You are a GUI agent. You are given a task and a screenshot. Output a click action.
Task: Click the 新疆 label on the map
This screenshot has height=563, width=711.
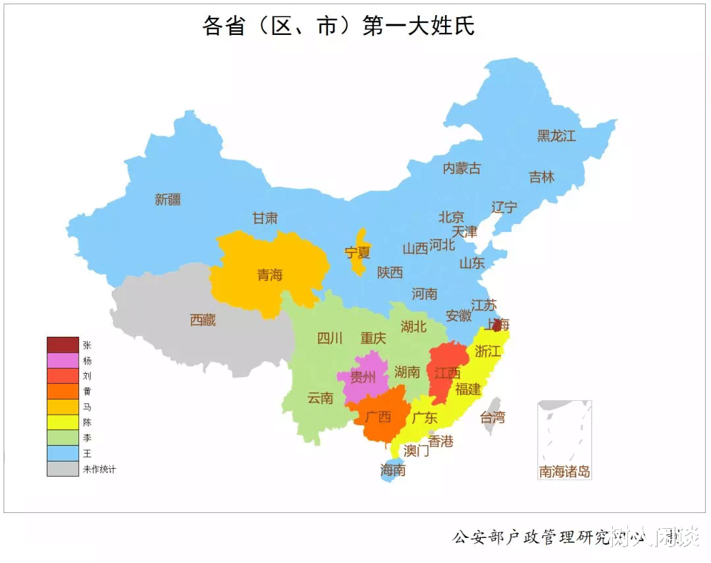coord(168,199)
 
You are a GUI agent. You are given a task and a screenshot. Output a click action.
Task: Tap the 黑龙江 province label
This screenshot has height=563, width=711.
coord(556,136)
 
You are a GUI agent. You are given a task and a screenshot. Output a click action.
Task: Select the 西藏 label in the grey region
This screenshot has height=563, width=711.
coord(203,320)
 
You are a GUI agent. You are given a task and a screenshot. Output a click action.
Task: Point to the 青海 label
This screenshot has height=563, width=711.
coord(270,274)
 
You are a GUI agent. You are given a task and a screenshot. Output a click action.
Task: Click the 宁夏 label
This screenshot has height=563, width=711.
coord(357,252)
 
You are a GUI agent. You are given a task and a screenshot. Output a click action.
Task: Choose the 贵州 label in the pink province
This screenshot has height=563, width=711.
coord(362,377)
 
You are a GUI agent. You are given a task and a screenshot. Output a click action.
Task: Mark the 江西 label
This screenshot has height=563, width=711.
coord(447,372)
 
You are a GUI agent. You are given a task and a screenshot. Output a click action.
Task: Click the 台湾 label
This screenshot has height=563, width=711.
coord(492,417)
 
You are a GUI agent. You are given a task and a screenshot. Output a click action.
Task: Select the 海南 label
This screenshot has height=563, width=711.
coord(393,470)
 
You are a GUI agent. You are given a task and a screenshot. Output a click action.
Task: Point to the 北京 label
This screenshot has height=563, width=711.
coord(452,217)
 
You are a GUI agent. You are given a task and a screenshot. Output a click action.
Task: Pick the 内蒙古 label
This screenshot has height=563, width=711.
coord(461,168)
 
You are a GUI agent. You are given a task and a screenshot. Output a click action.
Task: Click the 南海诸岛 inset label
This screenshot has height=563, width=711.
coord(564,471)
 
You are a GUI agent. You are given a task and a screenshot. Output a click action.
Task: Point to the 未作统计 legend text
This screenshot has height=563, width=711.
coord(99,469)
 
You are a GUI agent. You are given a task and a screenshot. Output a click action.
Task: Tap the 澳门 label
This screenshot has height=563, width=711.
coord(416,450)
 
